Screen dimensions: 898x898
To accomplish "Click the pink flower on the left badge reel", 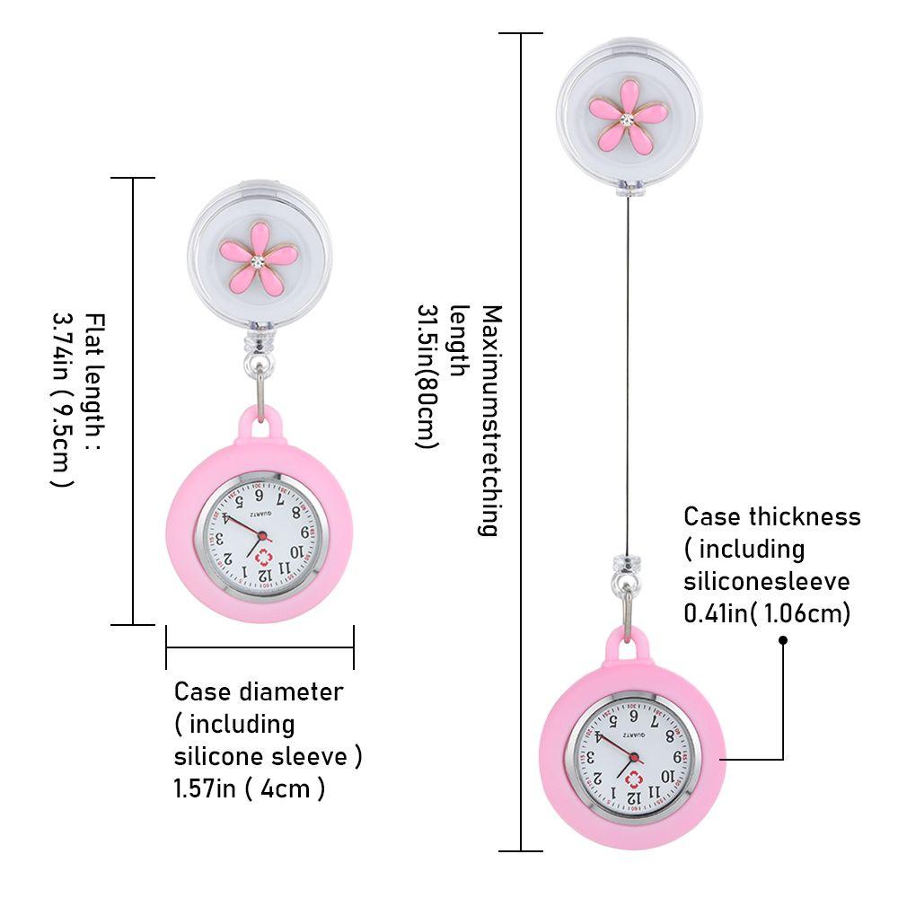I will (258, 258).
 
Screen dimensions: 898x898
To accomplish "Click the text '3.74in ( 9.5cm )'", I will (61, 400).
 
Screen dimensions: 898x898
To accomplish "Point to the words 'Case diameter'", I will (258, 691).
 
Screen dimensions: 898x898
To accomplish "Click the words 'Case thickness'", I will (771, 516).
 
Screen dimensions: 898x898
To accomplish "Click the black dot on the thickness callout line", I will (783, 640).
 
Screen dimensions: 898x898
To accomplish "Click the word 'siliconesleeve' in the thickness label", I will (766, 581).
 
